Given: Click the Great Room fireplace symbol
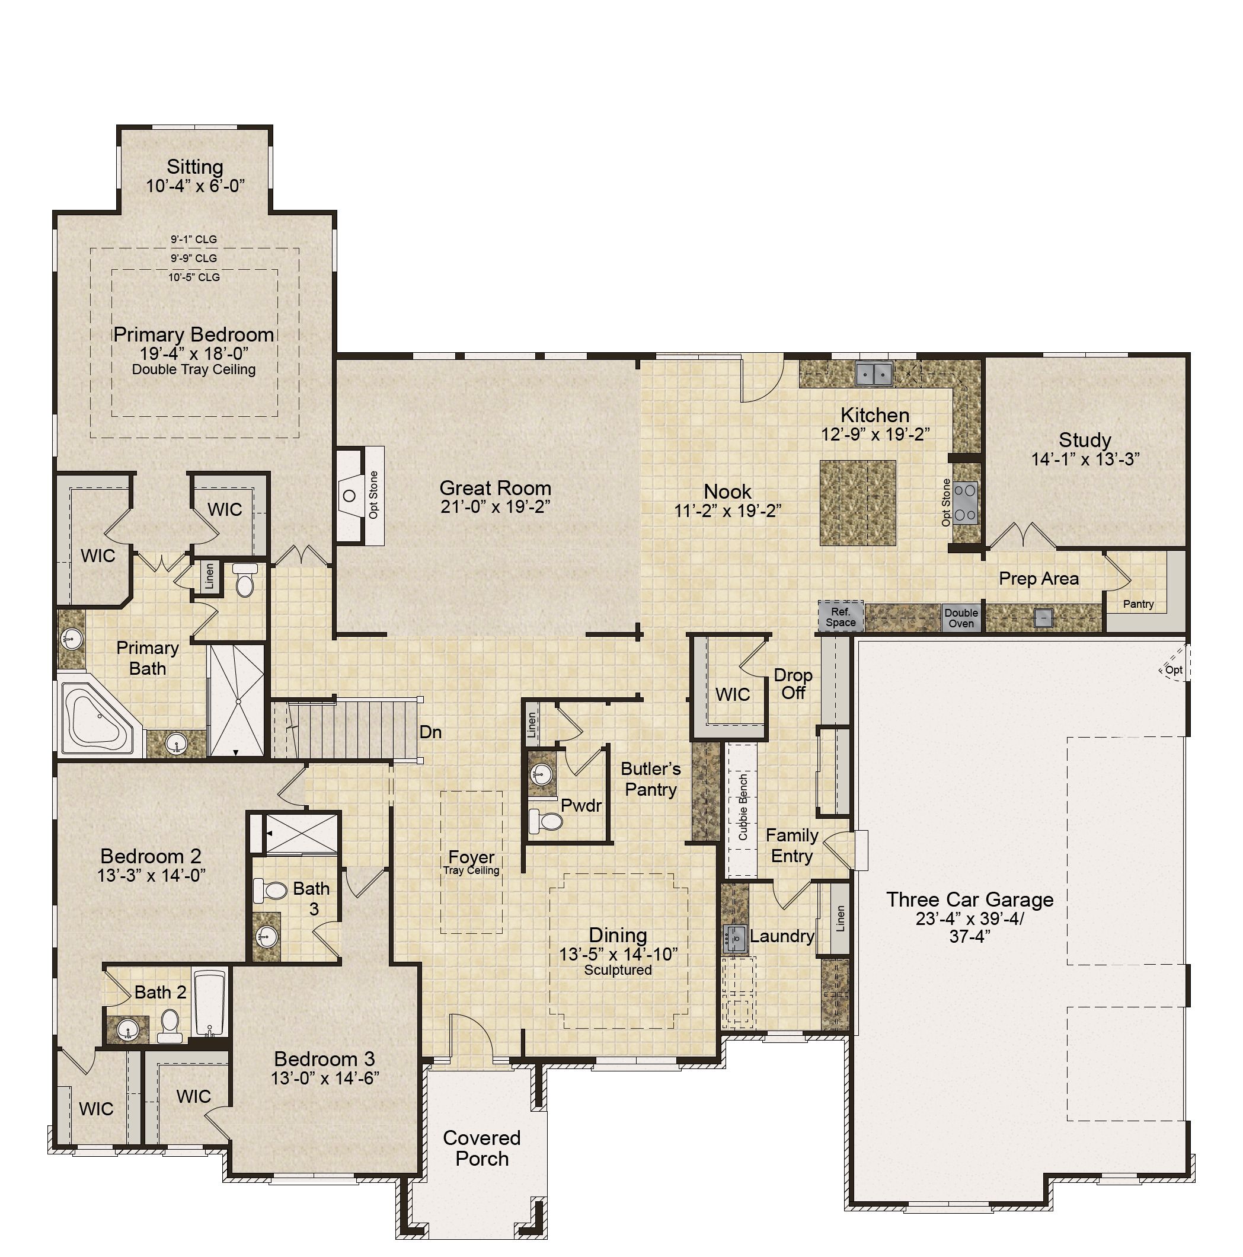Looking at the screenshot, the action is click(349, 496).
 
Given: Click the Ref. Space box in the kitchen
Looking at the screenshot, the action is click(841, 616).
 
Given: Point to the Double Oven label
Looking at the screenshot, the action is click(961, 618).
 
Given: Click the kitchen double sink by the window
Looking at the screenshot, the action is click(874, 374).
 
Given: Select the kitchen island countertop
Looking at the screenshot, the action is click(857, 503).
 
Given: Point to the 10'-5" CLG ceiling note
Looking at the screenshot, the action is click(194, 277).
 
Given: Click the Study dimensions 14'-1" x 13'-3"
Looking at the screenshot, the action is click(1084, 460).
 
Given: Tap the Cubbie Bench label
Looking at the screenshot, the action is click(743, 807).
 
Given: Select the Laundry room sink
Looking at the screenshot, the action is click(735, 938).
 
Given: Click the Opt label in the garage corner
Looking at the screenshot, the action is click(1174, 669).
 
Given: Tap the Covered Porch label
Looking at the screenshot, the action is click(482, 1148).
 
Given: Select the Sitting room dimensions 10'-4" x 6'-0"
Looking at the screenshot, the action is click(195, 186).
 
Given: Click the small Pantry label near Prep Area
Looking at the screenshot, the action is click(1138, 604).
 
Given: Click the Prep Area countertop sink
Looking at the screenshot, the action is click(1043, 617).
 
